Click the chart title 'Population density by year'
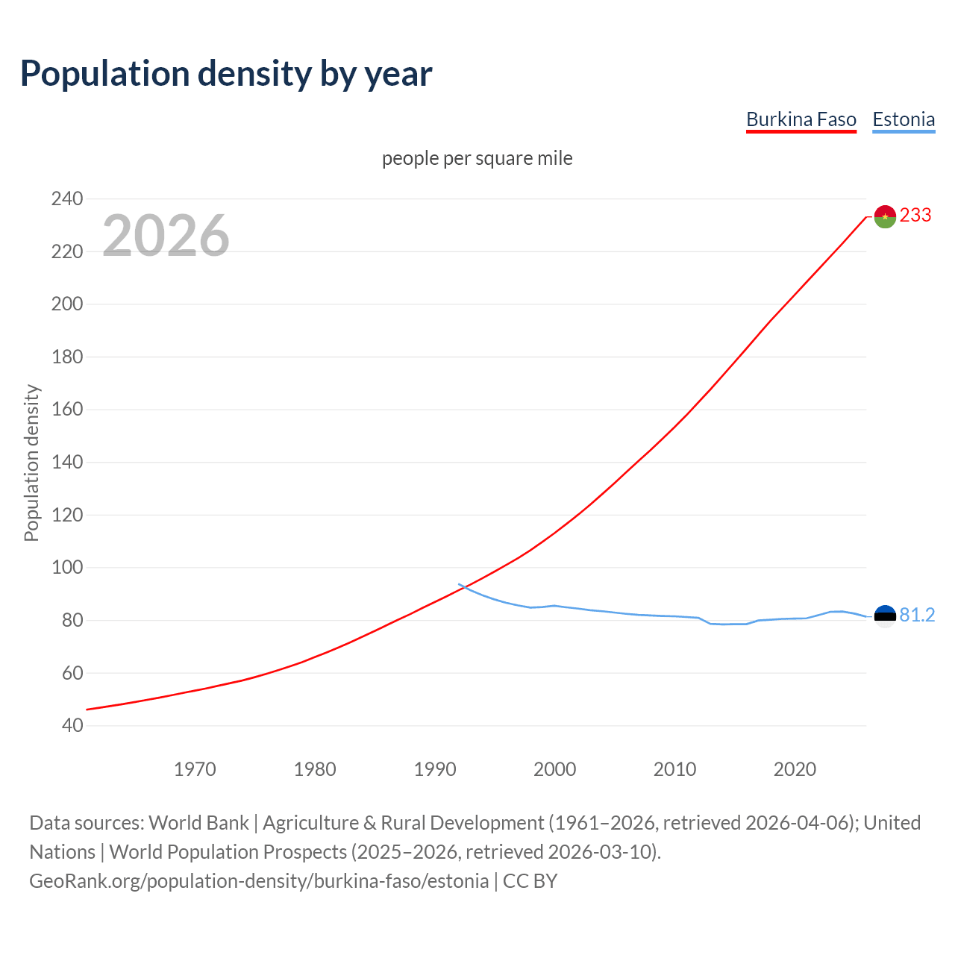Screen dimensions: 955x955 (x=226, y=73)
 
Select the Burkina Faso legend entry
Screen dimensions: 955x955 (x=801, y=119)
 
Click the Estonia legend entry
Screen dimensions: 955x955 (x=904, y=119)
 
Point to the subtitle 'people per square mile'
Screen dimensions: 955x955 (x=477, y=158)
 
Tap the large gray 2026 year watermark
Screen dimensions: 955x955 (x=166, y=236)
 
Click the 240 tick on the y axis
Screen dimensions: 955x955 (x=67, y=198)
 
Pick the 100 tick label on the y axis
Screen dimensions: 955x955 (x=67, y=568)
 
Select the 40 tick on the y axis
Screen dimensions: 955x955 (x=72, y=725)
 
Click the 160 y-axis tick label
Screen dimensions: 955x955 (x=67, y=410)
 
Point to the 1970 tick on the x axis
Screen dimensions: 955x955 (x=195, y=769)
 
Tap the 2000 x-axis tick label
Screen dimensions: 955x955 (x=554, y=769)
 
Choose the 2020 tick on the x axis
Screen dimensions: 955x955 (x=795, y=769)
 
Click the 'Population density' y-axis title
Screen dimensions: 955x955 (x=31, y=463)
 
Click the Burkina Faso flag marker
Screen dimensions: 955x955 (x=885, y=216)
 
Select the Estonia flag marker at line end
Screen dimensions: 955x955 (x=885, y=616)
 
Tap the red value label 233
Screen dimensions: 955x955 (x=915, y=216)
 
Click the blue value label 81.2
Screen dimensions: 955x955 (x=917, y=615)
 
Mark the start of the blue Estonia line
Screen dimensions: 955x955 (x=459, y=584)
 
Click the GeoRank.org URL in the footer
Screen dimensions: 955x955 (x=259, y=881)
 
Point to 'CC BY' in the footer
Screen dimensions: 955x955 (x=530, y=881)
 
